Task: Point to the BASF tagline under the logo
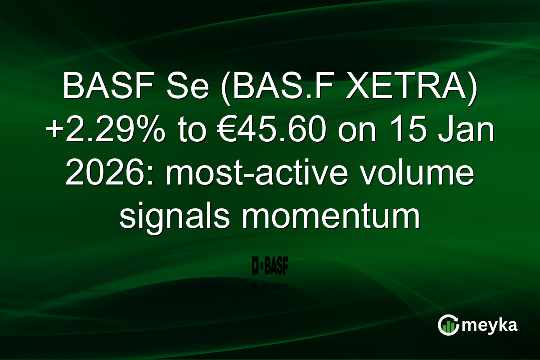(270, 286)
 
